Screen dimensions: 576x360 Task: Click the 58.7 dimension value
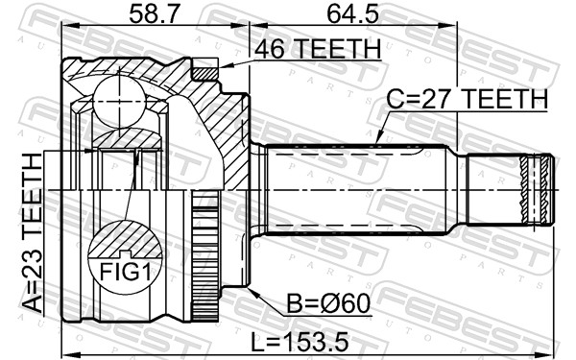click(x=154, y=14)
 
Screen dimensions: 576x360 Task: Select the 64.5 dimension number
click(x=352, y=14)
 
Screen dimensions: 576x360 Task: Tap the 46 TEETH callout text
click(x=318, y=49)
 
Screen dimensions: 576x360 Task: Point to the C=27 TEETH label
click(x=468, y=99)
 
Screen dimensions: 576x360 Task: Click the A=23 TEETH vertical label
click(x=33, y=233)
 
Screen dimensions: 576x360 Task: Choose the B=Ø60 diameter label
click(x=328, y=303)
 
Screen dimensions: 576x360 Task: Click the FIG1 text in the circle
click(x=125, y=273)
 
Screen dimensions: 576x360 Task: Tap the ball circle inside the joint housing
click(x=119, y=102)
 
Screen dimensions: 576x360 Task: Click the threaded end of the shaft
click(x=537, y=189)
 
